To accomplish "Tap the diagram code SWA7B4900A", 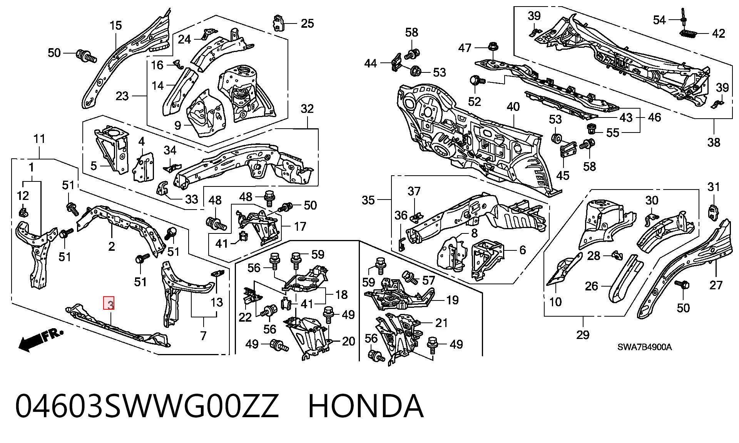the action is click(645, 347).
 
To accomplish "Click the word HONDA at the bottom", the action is click(366, 406).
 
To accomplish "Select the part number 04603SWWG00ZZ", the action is click(147, 406).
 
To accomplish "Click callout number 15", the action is click(115, 26).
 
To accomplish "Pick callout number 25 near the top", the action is click(307, 23).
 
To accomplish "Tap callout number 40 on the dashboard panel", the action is click(513, 107).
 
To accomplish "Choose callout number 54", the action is click(659, 20).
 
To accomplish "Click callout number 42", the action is click(719, 34).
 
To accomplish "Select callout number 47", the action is click(465, 48).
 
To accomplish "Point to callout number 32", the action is click(307, 109).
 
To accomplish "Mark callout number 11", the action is click(40, 139).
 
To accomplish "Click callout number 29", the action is click(583, 334).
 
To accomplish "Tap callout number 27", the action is click(716, 285).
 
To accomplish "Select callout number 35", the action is click(368, 200).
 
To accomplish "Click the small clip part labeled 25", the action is click(278, 23).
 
